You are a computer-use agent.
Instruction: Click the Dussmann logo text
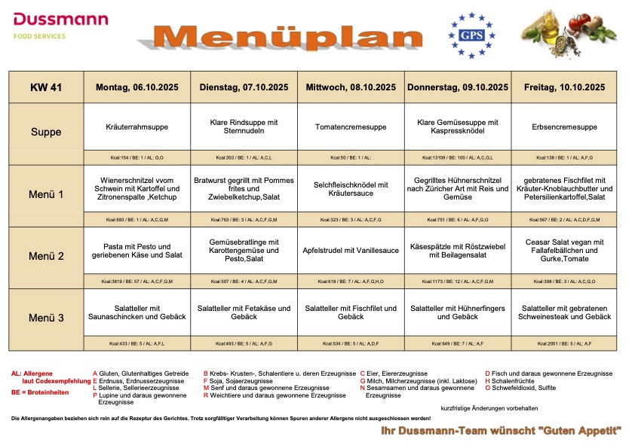click(60, 20)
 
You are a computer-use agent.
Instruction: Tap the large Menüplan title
click(289, 38)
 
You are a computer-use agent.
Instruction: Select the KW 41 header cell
click(46, 87)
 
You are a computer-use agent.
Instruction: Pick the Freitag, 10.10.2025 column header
click(563, 87)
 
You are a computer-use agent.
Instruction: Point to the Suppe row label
click(46, 133)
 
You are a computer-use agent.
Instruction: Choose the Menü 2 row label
click(46, 256)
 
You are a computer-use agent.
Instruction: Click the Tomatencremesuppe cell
click(351, 127)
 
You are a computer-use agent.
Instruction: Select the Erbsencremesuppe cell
click(563, 127)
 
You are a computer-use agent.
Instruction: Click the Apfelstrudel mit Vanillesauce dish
click(351, 251)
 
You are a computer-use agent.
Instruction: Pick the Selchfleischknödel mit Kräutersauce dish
click(351, 189)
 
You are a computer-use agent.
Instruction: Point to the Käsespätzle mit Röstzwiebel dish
click(457, 251)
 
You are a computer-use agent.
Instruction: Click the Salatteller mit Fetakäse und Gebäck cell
click(244, 312)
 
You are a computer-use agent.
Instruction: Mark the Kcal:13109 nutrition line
click(457, 158)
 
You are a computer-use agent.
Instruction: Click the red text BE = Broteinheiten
click(41, 392)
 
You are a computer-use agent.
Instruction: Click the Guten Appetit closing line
click(501, 430)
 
